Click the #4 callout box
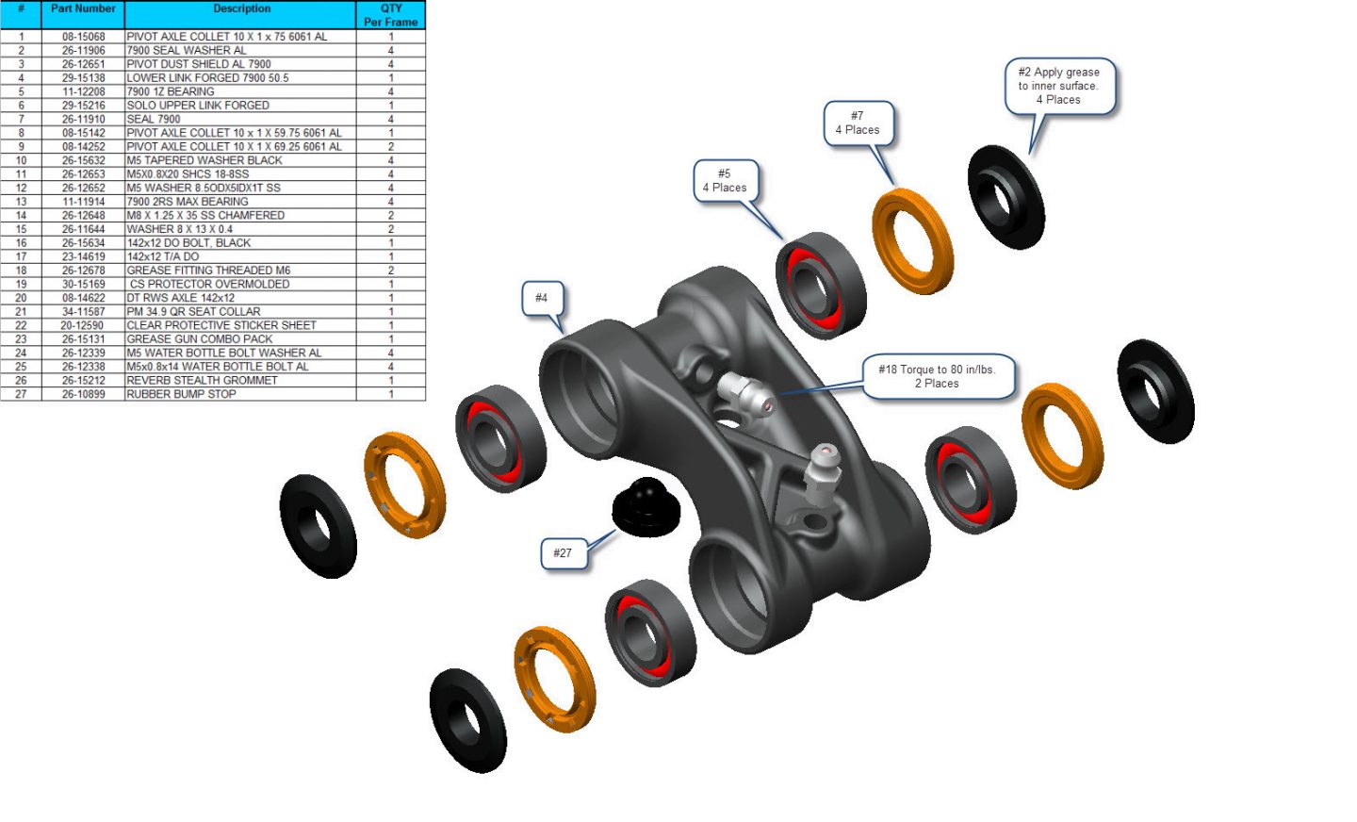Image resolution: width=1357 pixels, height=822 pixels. point(541,298)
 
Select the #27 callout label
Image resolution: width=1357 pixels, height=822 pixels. point(563,553)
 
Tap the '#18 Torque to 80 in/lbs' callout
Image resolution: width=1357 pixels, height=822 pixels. point(937,376)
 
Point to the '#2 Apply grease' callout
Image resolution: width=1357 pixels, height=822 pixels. point(1058,86)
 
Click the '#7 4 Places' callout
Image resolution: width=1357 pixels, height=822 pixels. point(858,123)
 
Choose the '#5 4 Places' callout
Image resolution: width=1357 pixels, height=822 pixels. point(725,181)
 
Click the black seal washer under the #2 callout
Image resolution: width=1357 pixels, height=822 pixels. point(1006,197)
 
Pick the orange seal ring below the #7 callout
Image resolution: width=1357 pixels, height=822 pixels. point(912,241)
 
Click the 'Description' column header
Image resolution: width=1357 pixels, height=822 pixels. point(241,9)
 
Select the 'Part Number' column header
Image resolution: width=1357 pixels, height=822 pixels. point(83,9)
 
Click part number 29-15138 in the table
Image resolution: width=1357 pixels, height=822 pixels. point(83,78)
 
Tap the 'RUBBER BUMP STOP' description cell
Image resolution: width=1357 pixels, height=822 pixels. point(182,394)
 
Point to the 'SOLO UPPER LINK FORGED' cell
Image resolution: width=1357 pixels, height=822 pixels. point(198,106)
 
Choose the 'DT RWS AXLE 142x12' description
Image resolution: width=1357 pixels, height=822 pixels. point(181,298)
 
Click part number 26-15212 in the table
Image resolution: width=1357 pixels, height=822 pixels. point(83,381)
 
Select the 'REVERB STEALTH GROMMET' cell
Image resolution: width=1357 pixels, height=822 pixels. point(203,381)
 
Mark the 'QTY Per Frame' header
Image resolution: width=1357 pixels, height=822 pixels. point(391,15)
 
